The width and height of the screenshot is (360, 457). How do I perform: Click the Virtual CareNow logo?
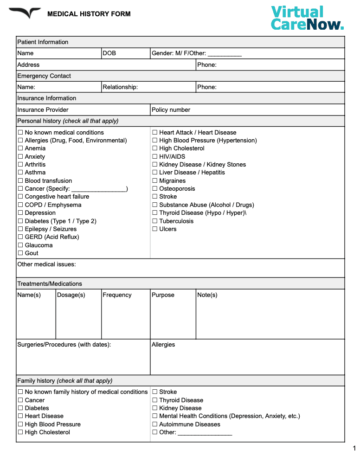coord(307,18)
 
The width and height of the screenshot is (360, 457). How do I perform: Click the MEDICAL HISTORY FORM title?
coord(89,14)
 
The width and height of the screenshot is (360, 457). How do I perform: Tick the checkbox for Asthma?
coord(20,173)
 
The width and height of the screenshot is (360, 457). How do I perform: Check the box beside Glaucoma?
coord(20,245)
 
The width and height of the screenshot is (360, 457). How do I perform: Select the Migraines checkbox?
coord(155,181)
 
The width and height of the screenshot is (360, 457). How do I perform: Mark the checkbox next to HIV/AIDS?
coord(155,157)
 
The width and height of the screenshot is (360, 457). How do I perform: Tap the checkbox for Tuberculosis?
coord(155,221)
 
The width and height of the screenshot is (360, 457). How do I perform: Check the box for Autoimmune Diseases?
coord(155,425)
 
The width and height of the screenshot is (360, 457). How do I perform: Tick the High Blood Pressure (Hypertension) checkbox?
coord(155,141)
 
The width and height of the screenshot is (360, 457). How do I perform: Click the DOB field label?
coord(109,53)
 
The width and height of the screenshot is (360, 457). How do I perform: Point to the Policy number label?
coord(171,110)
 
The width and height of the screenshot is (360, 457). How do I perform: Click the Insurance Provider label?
coord(43,110)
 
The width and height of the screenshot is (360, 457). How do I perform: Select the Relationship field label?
coord(120,87)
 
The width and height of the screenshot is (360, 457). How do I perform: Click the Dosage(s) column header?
coord(71,295)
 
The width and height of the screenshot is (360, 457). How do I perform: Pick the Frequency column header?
coord(117,295)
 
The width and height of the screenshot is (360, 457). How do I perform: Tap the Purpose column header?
coord(163,295)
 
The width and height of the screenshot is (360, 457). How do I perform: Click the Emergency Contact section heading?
coord(44,76)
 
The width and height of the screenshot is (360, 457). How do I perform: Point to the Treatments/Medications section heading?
coord(50,284)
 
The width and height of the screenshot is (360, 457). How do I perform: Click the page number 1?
coord(354,448)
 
